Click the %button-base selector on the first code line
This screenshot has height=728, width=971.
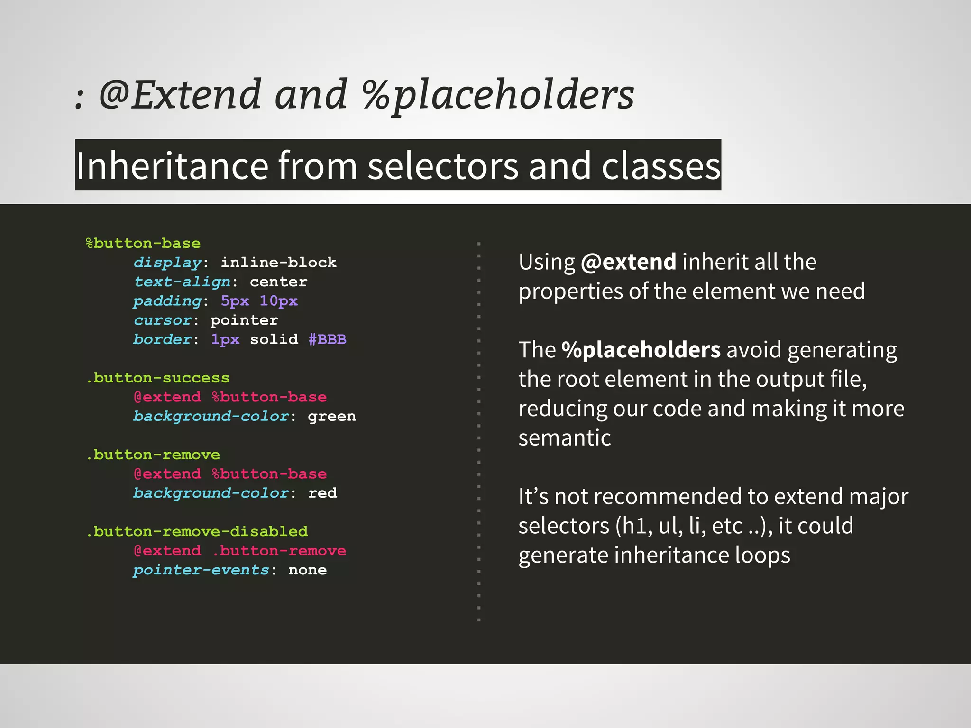pos(143,244)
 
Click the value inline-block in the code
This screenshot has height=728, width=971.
pos(278,263)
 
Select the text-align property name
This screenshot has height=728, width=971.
pos(183,282)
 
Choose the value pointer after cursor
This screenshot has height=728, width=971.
pos(244,320)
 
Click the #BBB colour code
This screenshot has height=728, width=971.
pos(327,339)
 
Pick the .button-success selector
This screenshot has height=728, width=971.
pos(158,378)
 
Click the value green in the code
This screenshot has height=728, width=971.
pos(331,417)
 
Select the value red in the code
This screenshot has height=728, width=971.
pos(322,493)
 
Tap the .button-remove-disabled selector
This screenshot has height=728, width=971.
pos(197,532)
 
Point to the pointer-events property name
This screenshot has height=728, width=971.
pos(202,570)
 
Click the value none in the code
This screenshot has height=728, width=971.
pos(307,570)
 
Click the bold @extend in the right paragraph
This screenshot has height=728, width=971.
pos(628,262)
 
